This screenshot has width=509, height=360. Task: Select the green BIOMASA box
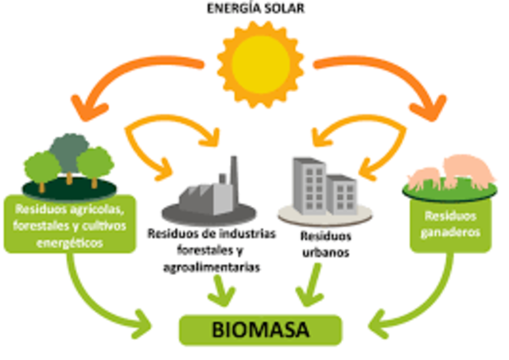click(259, 327)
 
